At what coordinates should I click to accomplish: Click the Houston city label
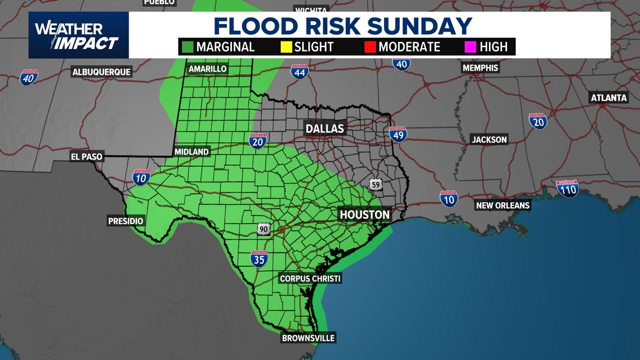[x=364, y=215]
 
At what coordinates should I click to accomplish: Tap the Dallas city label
[x=324, y=129]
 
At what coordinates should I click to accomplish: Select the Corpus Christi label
[x=310, y=279]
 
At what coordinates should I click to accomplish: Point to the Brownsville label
[x=308, y=338]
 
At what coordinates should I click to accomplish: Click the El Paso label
[x=87, y=157]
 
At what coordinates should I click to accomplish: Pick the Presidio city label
[x=126, y=221]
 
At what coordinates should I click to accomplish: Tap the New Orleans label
[x=502, y=206]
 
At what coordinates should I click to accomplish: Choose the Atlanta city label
[x=609, y=98]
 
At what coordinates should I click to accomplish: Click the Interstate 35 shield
[x=259, y=259]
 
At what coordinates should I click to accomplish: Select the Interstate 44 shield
[x=299, y=71]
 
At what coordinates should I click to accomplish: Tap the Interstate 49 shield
[x=397, y=134]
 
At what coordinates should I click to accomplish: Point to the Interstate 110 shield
[x=568, y=189]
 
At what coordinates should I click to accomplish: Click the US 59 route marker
[x=376, y=184]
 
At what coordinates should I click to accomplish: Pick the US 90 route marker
[x=264, y=229]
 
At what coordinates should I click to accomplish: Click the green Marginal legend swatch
[x=187, y=47]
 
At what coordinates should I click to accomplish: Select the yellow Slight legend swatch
[x=286, y=47]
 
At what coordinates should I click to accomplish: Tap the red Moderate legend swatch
[x=369, y=47]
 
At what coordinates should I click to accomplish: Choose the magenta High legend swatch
[x=470, y=47]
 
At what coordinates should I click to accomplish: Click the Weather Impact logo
[x=78, y=35]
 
